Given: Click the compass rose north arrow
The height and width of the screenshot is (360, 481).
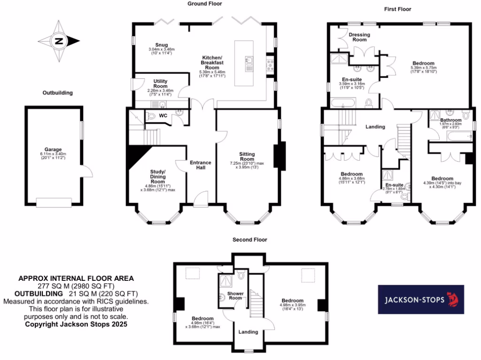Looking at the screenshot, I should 59,41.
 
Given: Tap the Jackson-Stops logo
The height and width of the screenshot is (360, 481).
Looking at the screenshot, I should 421,300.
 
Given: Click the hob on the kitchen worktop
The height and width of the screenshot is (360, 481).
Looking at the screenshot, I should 271,65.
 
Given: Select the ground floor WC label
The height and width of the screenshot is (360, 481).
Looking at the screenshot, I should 163,115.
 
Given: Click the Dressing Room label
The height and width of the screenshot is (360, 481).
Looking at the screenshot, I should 359,37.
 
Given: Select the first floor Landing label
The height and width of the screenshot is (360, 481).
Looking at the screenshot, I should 375,127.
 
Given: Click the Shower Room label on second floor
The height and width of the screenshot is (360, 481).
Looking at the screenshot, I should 235,295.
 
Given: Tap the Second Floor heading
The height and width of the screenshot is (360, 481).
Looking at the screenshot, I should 249,240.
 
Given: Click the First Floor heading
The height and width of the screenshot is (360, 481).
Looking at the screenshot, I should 398,9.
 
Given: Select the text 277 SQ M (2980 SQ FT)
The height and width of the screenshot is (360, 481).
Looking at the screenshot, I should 76,285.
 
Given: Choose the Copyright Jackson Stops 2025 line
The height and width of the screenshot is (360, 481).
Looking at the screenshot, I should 76,324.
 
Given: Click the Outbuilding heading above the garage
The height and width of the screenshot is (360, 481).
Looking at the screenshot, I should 57,93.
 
